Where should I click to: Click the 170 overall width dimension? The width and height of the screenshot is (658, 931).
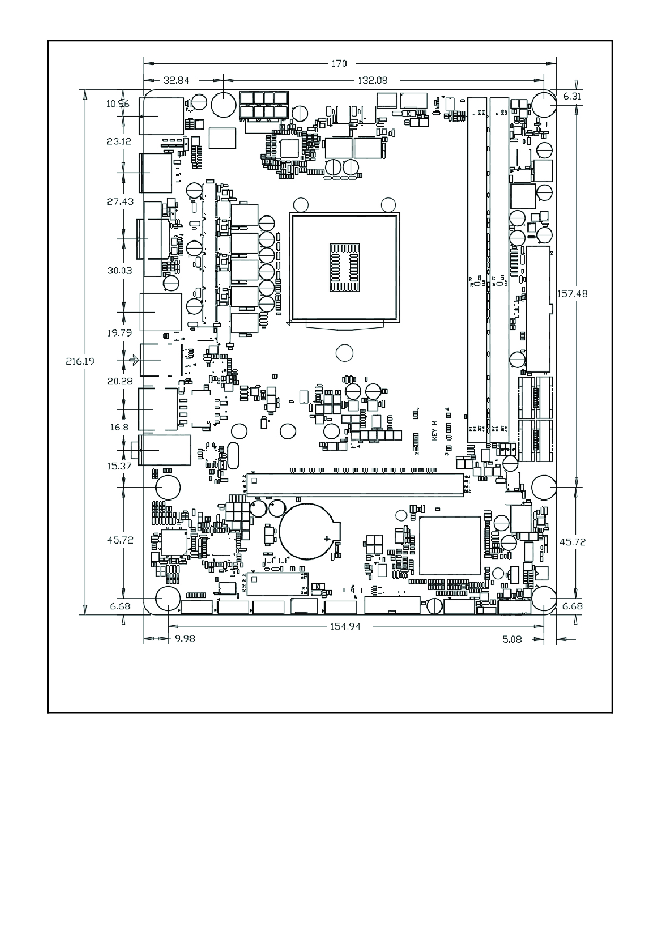339,64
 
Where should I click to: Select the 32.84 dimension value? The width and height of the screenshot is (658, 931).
176,81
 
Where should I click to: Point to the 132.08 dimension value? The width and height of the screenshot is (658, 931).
373,81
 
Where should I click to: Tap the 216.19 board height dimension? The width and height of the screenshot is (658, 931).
80,361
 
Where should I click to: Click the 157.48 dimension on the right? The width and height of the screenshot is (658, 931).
572,293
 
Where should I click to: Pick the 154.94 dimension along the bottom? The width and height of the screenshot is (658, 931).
345,626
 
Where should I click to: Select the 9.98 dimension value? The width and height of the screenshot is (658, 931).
185,639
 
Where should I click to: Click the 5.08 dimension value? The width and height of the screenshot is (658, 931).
512,639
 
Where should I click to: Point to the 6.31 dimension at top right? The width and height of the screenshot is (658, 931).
572,97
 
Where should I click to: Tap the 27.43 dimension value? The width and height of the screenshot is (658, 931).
120,202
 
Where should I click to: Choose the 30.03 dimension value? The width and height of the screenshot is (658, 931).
119,270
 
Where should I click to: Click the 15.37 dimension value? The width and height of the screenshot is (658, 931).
119,466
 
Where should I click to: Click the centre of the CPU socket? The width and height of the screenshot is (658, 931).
344,268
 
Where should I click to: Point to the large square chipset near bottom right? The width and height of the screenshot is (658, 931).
449,545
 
